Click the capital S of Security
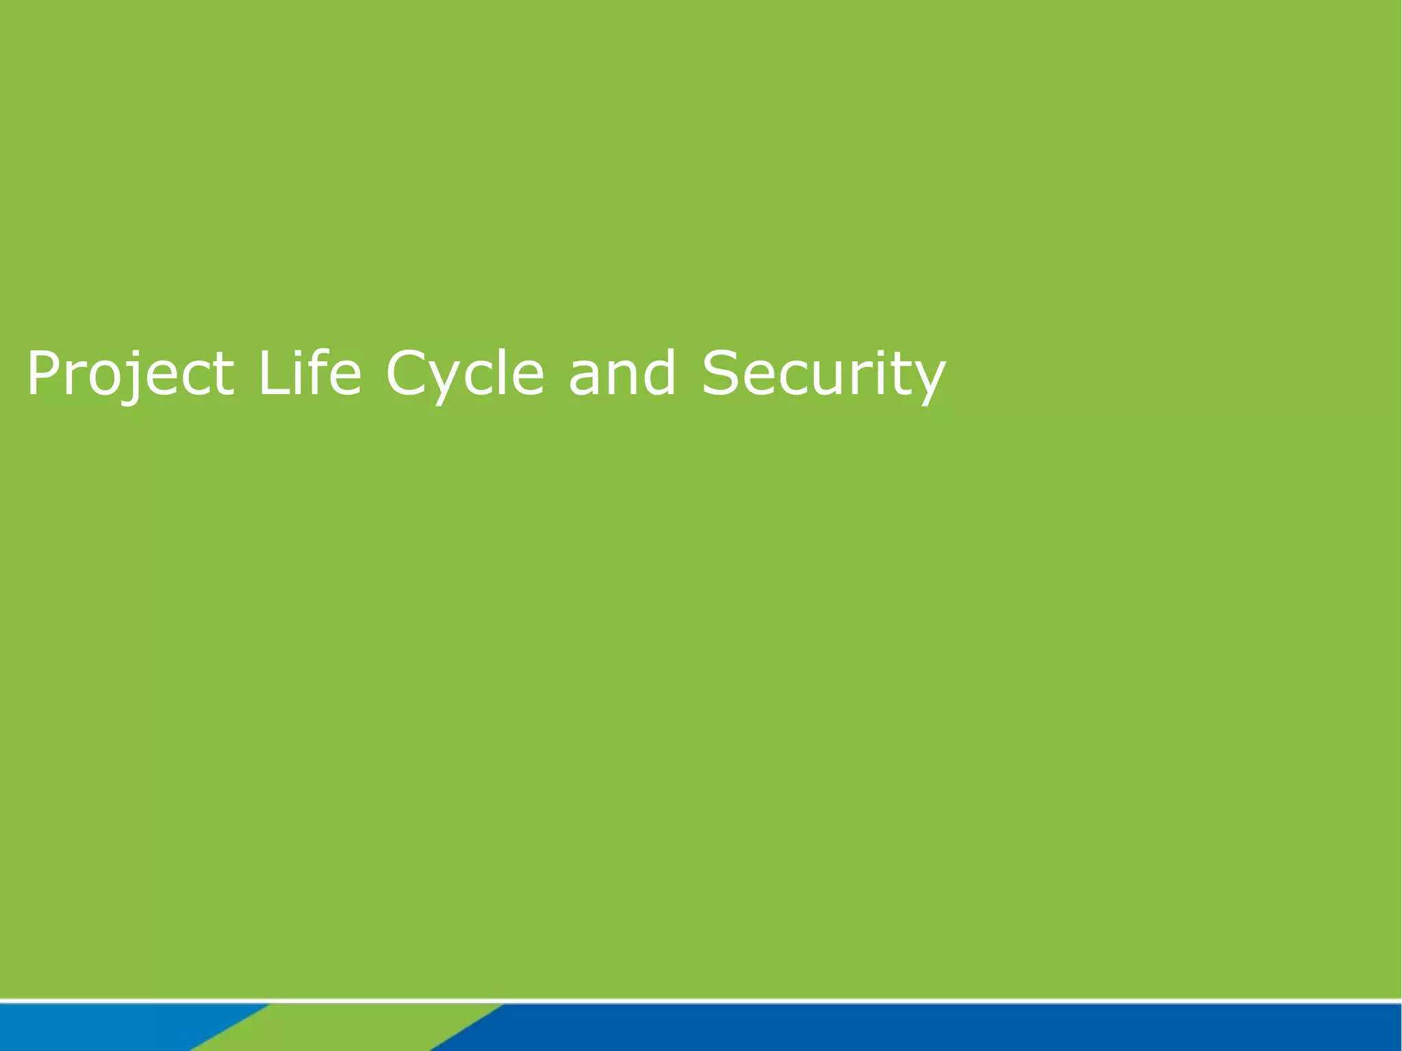point(720,373)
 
